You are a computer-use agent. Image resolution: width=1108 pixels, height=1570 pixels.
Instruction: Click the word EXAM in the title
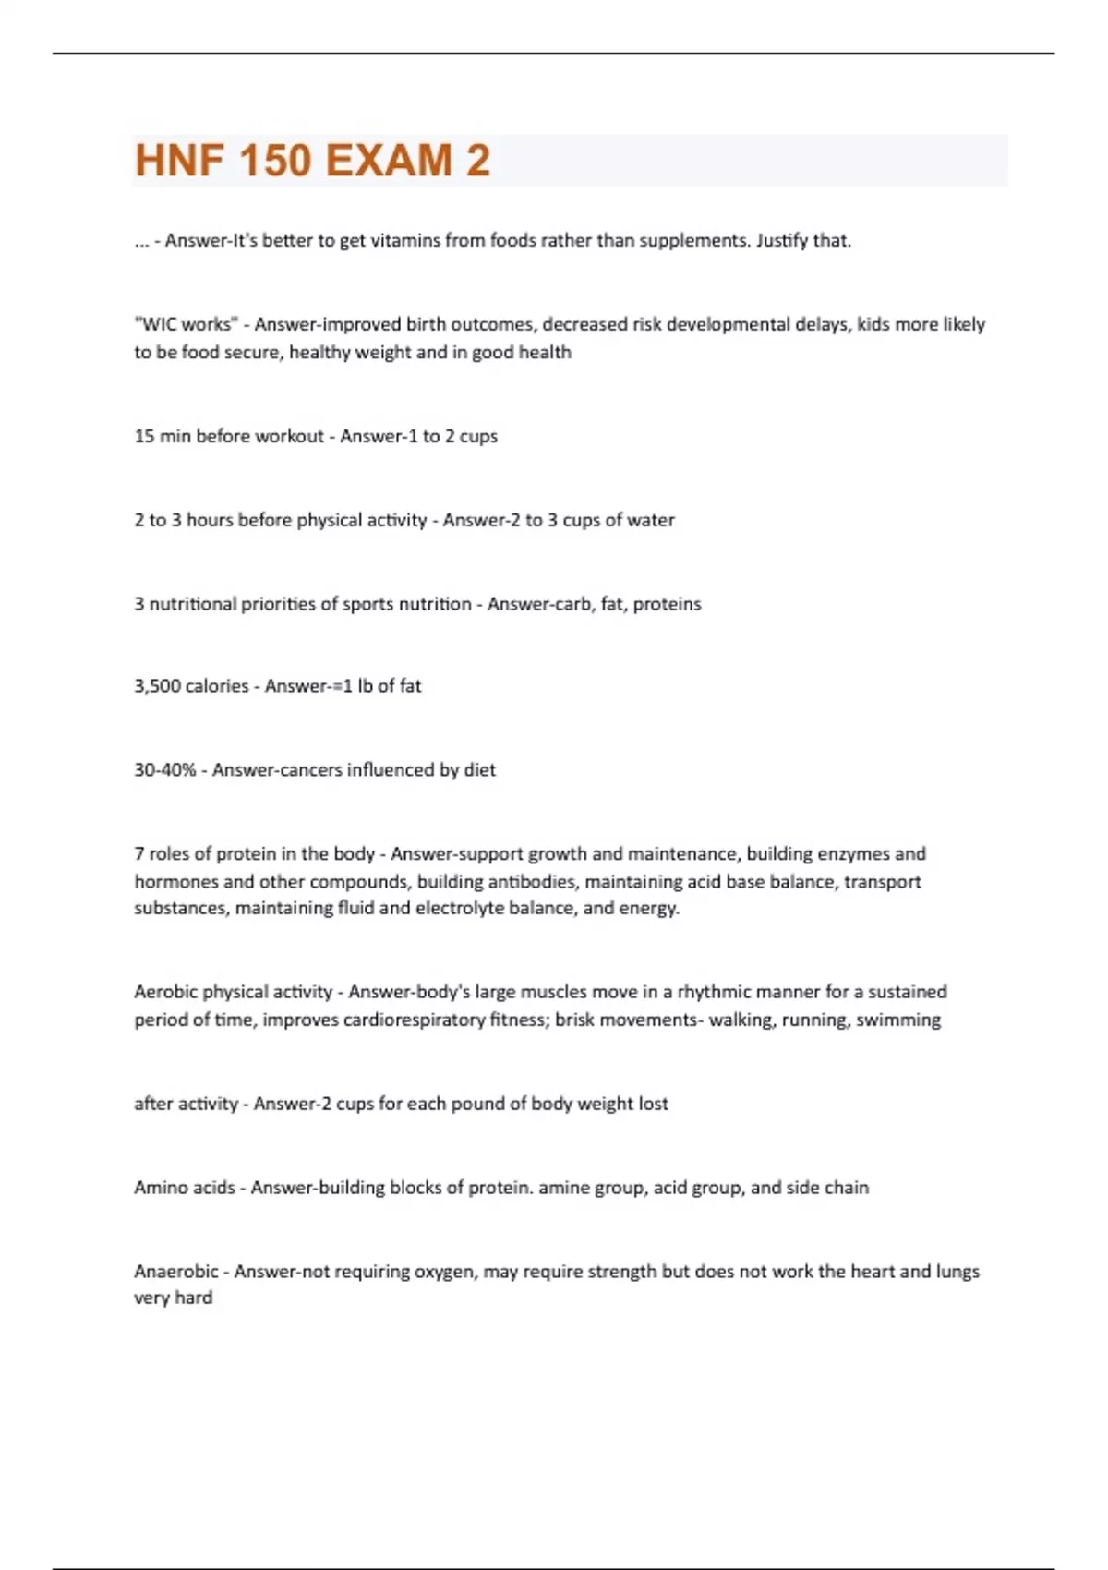click(x=388, y=161)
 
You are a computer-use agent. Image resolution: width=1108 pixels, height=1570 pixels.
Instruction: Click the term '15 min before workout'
click(x=229, y=436)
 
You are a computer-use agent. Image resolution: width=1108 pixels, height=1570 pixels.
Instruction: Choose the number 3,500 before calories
click(x=158, y=686)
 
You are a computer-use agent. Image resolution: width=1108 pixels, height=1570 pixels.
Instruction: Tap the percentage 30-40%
click(x=164, y=770)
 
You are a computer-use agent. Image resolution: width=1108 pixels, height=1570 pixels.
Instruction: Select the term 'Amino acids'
click(x=185, y=1188)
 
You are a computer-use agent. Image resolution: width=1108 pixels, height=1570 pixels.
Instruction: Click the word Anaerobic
click(x=176, y=1272)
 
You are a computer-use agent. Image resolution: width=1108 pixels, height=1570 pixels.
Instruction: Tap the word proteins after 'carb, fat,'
click(x=667, y=604)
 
